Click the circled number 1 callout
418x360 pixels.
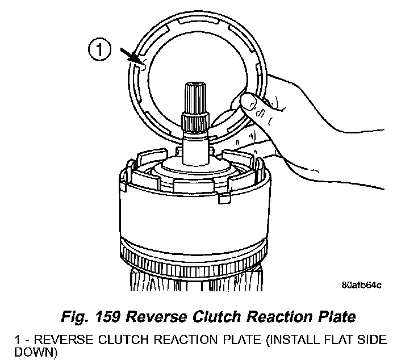click(x=99, y=51)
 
